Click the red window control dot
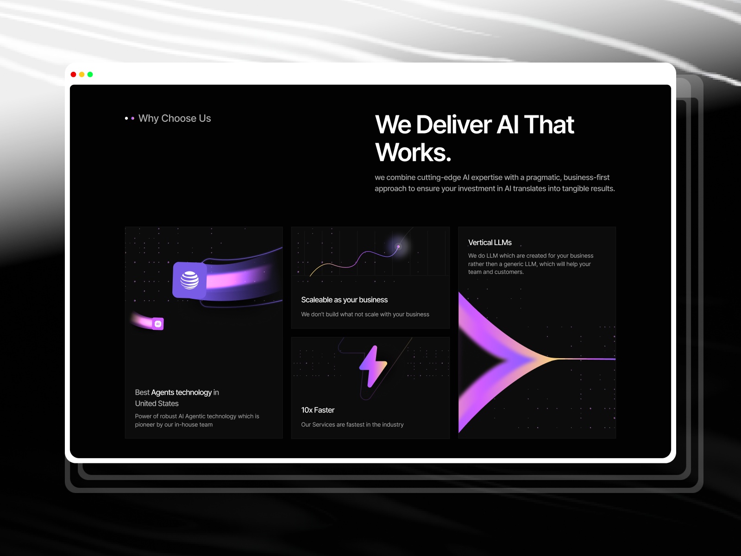(x=73, y=74)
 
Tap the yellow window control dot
(x=82, y=74)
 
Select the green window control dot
(x=90, y=74)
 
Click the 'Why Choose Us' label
(x=175, y=118)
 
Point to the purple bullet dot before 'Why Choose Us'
(x=133, y=119)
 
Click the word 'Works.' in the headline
(x=413, y=152)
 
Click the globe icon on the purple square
(x=189, y=280)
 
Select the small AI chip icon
(x=158, y=324)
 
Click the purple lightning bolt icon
(x=373, y=366)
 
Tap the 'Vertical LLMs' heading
(x=490, y=242)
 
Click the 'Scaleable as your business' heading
(x=344, y=300)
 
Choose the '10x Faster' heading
(x=318, y=410)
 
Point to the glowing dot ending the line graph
(x=398, y=247)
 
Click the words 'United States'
(x=157, y=404)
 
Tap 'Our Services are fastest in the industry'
(x=352, y=424)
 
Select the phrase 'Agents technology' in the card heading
(x=181, y=392)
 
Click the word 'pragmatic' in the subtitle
(x=542, y=177)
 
